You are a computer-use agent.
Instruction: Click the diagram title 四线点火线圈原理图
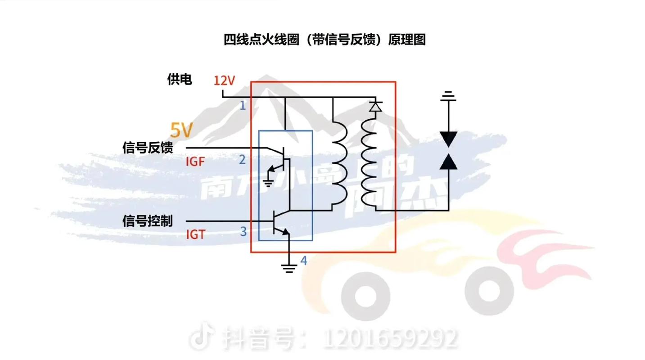pos(325,40)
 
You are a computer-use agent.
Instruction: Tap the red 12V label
pos(224,81)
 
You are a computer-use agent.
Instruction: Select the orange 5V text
pos(181,130)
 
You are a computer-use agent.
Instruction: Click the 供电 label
pos(180,80)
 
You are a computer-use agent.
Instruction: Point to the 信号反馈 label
pos(148,148)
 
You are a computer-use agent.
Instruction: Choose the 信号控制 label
pos(148,221)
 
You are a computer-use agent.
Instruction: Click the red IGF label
pos(195,161)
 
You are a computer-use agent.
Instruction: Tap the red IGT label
pos(195,234)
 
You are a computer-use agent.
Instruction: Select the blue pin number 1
pos(243,106)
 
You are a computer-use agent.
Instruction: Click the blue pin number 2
pos(243,159)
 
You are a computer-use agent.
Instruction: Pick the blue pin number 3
pos(243,232)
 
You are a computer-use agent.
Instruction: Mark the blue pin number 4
pos(304,260)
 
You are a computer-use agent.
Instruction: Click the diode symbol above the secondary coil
pos(375,107)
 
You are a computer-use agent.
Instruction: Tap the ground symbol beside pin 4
pos(289,268)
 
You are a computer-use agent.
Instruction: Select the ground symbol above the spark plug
pos(448,96)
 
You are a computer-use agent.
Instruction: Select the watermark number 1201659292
pos(391,338)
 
